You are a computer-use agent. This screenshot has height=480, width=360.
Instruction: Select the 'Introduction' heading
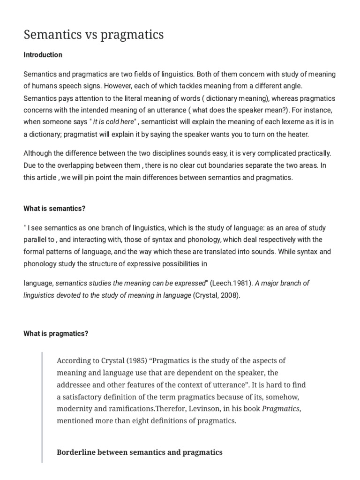coord(43,55)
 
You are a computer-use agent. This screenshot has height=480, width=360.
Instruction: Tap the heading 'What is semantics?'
coord(54,208)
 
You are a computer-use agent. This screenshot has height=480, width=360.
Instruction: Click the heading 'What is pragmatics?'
coord(56,334)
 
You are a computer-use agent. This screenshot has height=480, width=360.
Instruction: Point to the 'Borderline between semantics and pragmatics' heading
coord(139,452)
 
